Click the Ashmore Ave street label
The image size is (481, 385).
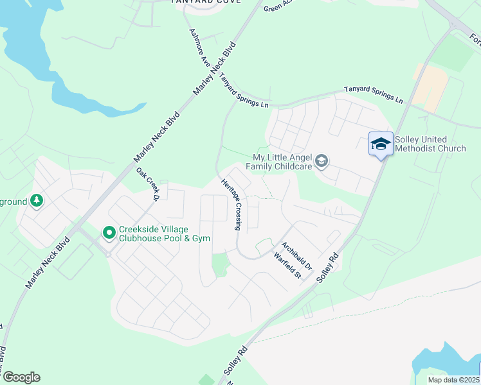(199, 49)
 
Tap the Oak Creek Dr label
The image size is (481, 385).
(147, 185)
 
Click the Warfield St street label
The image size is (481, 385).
(287, 266)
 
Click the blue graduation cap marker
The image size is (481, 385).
(381, 143)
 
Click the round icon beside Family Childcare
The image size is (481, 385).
(322, 161)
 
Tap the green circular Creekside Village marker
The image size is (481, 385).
(109, 232)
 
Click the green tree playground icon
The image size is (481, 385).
(37, 201)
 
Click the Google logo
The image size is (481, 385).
(21, 377)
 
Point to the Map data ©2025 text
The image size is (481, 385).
(454, 380)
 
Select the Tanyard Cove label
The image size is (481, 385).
(206, 2)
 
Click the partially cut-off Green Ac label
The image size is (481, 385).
(278, 6)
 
